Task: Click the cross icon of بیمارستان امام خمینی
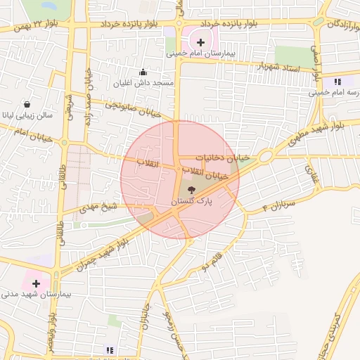pos(200,42)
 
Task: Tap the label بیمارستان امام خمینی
pos(201,53)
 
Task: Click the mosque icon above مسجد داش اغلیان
pos(143,72)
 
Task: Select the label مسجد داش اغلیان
pos(146,83)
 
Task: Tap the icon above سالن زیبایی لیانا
pos(27,103)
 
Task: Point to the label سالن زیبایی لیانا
pos(26,114)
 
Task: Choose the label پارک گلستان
pos(191,201)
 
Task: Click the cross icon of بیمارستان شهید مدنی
pos(37,283)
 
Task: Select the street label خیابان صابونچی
pos(134,108)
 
